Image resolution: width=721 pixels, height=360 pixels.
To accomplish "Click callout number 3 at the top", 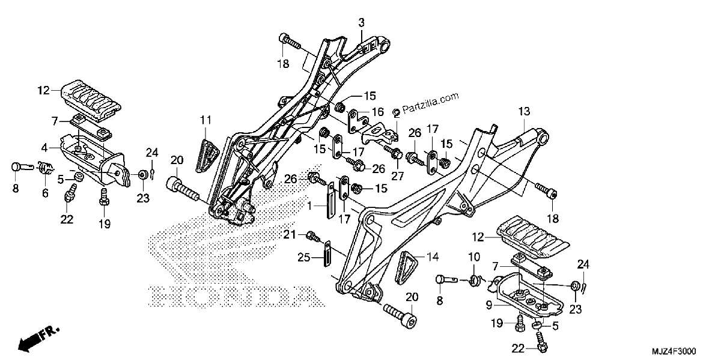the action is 362,23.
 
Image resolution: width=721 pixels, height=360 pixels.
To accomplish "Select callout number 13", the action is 524,111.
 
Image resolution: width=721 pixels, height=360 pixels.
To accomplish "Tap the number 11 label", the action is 205,120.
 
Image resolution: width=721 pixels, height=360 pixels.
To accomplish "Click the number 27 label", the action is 397,176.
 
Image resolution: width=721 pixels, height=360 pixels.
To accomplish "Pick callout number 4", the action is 44,148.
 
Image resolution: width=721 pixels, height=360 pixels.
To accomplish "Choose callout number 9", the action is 489,305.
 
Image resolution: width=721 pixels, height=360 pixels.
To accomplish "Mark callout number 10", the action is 474,257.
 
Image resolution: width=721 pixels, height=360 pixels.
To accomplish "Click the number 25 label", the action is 303,258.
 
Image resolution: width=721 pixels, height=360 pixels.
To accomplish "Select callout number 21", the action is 290,235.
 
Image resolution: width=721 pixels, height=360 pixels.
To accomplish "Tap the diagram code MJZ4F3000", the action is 674,352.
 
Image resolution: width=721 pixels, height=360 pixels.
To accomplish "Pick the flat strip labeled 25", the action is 327,253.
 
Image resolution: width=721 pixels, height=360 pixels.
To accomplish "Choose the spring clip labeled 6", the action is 46,168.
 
